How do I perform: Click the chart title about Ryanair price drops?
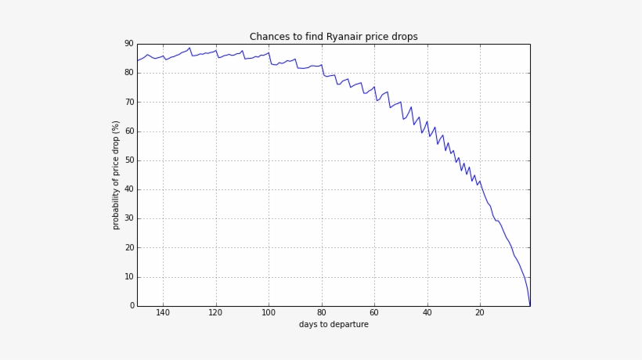(334, 37)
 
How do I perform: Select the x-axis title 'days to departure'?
(334, 325)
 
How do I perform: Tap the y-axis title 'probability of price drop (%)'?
(117, 175)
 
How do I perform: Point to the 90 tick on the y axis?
(129, 44)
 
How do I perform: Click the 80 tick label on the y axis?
(129, 73)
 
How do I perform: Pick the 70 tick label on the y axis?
(129, 102)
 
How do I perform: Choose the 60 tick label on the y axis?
(129, 131)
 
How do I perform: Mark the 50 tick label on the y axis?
(129, 160)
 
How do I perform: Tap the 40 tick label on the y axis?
(129, 189)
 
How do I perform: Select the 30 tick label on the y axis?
(129, 218)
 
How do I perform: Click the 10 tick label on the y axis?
(129, 277)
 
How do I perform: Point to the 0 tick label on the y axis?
(132, 306)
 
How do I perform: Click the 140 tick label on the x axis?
(163, 313)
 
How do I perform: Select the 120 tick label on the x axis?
(216, 313)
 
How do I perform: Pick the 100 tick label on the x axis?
(269, 313)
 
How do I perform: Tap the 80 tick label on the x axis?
(322, 313)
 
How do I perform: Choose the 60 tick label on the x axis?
(374, 313)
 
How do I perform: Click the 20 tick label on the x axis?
(480, 313)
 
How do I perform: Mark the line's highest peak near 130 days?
(189, 48)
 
